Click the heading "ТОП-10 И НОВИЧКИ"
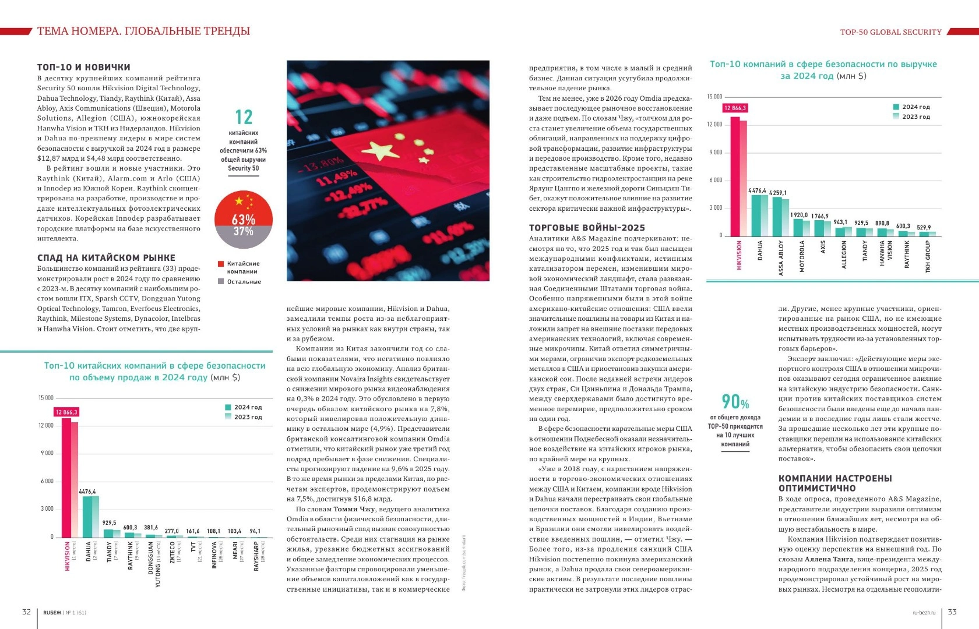(x=83, y=67)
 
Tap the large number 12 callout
(x=243, y=117)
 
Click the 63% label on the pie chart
(x=243, y=220)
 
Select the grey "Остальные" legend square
(x=221, y=281)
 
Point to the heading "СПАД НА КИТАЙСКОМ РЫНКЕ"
(x=106, y=257)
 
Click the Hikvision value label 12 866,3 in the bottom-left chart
(x=66, y=412)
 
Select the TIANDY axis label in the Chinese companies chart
(x=109, y=552)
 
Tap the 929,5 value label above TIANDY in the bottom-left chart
(x=109, y=522)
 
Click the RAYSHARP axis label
(x=256, y=556)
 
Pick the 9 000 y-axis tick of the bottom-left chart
(x=46, y=453)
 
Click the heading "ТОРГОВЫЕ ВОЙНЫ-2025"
(x=587, y=228)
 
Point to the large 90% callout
(x=735, y=401)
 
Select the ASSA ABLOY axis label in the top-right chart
(x=781, y=258)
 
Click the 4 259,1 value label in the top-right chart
(x=777, y=193)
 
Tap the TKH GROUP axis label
(x=928, y=257)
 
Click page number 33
(x=952, y=612)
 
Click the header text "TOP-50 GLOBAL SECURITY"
(x=890, y=32)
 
